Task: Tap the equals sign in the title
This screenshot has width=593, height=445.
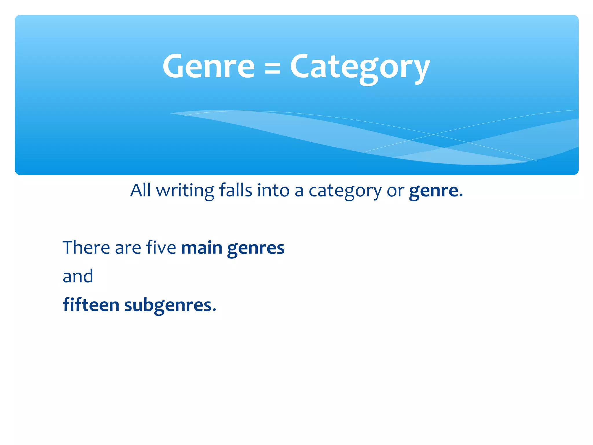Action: (x=272, y=69)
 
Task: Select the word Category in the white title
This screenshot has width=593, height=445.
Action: (x=360, y=68)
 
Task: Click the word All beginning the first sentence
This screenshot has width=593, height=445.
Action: (x=140, y=190)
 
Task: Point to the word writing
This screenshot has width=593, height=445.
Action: (x=185, y=191)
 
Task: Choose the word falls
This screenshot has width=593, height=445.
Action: (x=235, y=190)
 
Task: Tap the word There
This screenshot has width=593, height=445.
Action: (x=86, y=248)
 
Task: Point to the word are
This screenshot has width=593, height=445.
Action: (x=128, y=249)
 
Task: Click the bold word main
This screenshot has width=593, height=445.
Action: (x=202, y=248)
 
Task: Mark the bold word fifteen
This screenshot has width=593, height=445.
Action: (x=91, y=305)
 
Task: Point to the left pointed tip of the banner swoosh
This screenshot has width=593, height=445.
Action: (x=171, y=113)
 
